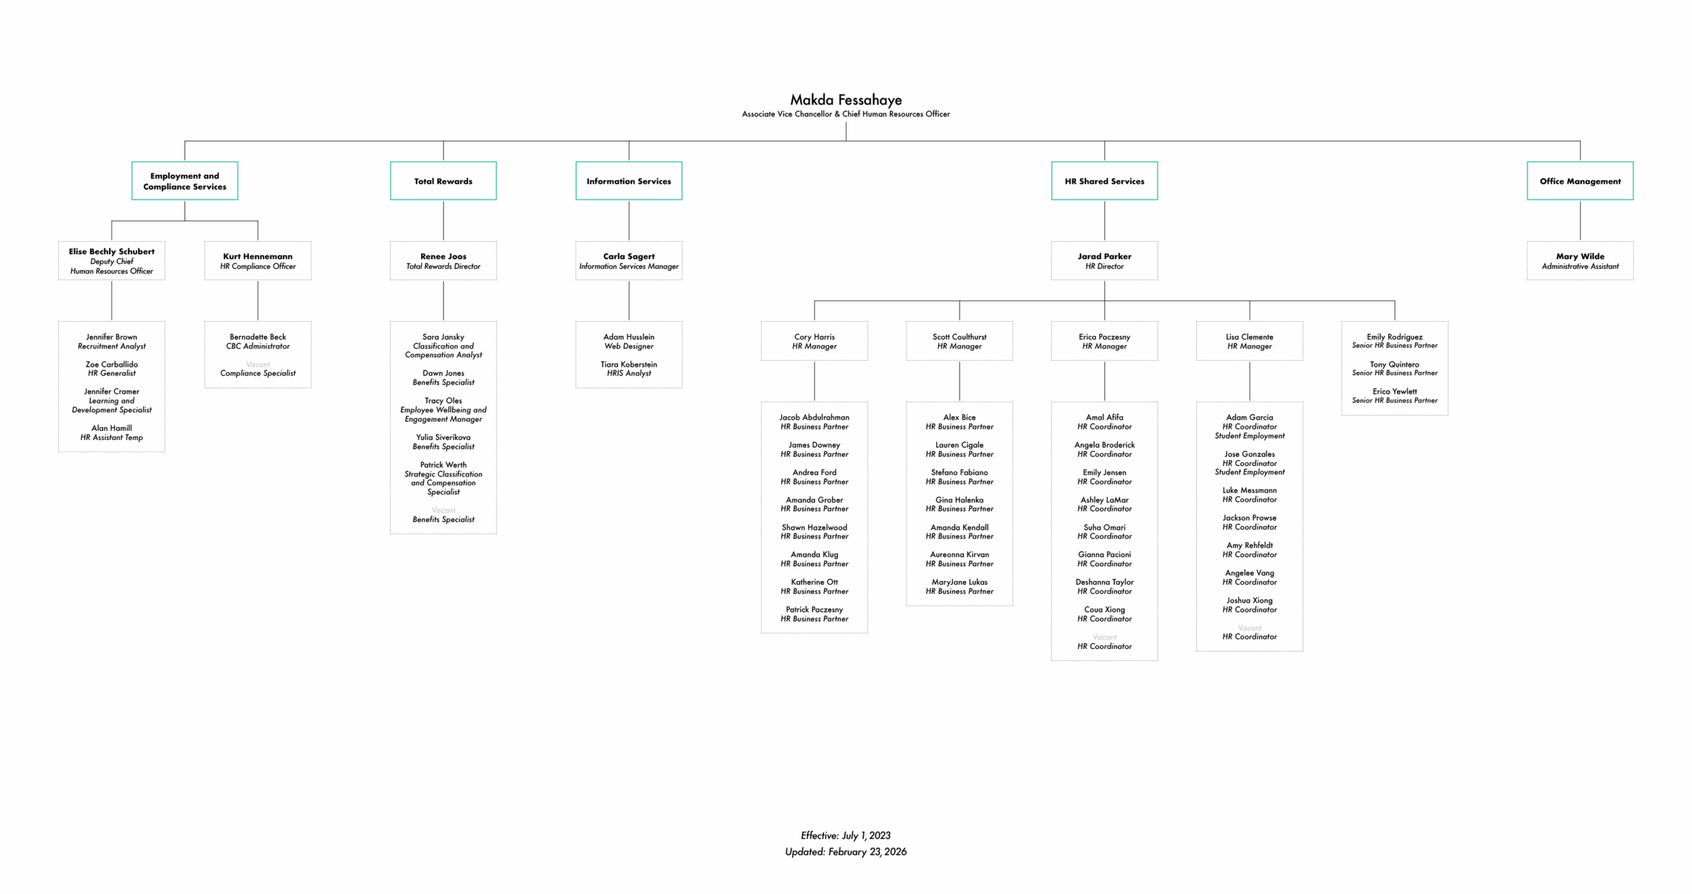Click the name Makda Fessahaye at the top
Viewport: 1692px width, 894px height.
coord(845,100)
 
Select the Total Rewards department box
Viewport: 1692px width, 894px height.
coord(443,181)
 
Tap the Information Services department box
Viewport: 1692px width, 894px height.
coord(629,181)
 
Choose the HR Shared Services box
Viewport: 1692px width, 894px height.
coord(1104,181)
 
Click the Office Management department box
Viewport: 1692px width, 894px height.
coord(1580,181)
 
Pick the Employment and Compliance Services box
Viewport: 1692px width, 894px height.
coord(184,181)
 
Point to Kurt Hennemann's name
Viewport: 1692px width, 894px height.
coord(258,256)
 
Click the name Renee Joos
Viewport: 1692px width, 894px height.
coord(443,256)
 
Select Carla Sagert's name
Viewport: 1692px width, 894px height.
coord(629,256)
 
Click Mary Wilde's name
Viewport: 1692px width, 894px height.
coord(1580,256)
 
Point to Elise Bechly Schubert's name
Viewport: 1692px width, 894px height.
coord(112,252)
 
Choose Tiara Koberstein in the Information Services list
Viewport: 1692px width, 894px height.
coord(629,365)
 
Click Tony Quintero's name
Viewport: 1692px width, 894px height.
coord(1394,365)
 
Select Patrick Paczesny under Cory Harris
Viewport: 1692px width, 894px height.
coord(814,610)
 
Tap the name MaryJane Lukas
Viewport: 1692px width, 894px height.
coord(959,582)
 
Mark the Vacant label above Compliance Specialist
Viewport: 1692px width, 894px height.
coord(258,365)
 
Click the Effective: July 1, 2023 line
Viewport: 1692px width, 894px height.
coord(845,836)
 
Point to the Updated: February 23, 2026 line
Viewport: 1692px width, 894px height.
coord(845,852)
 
